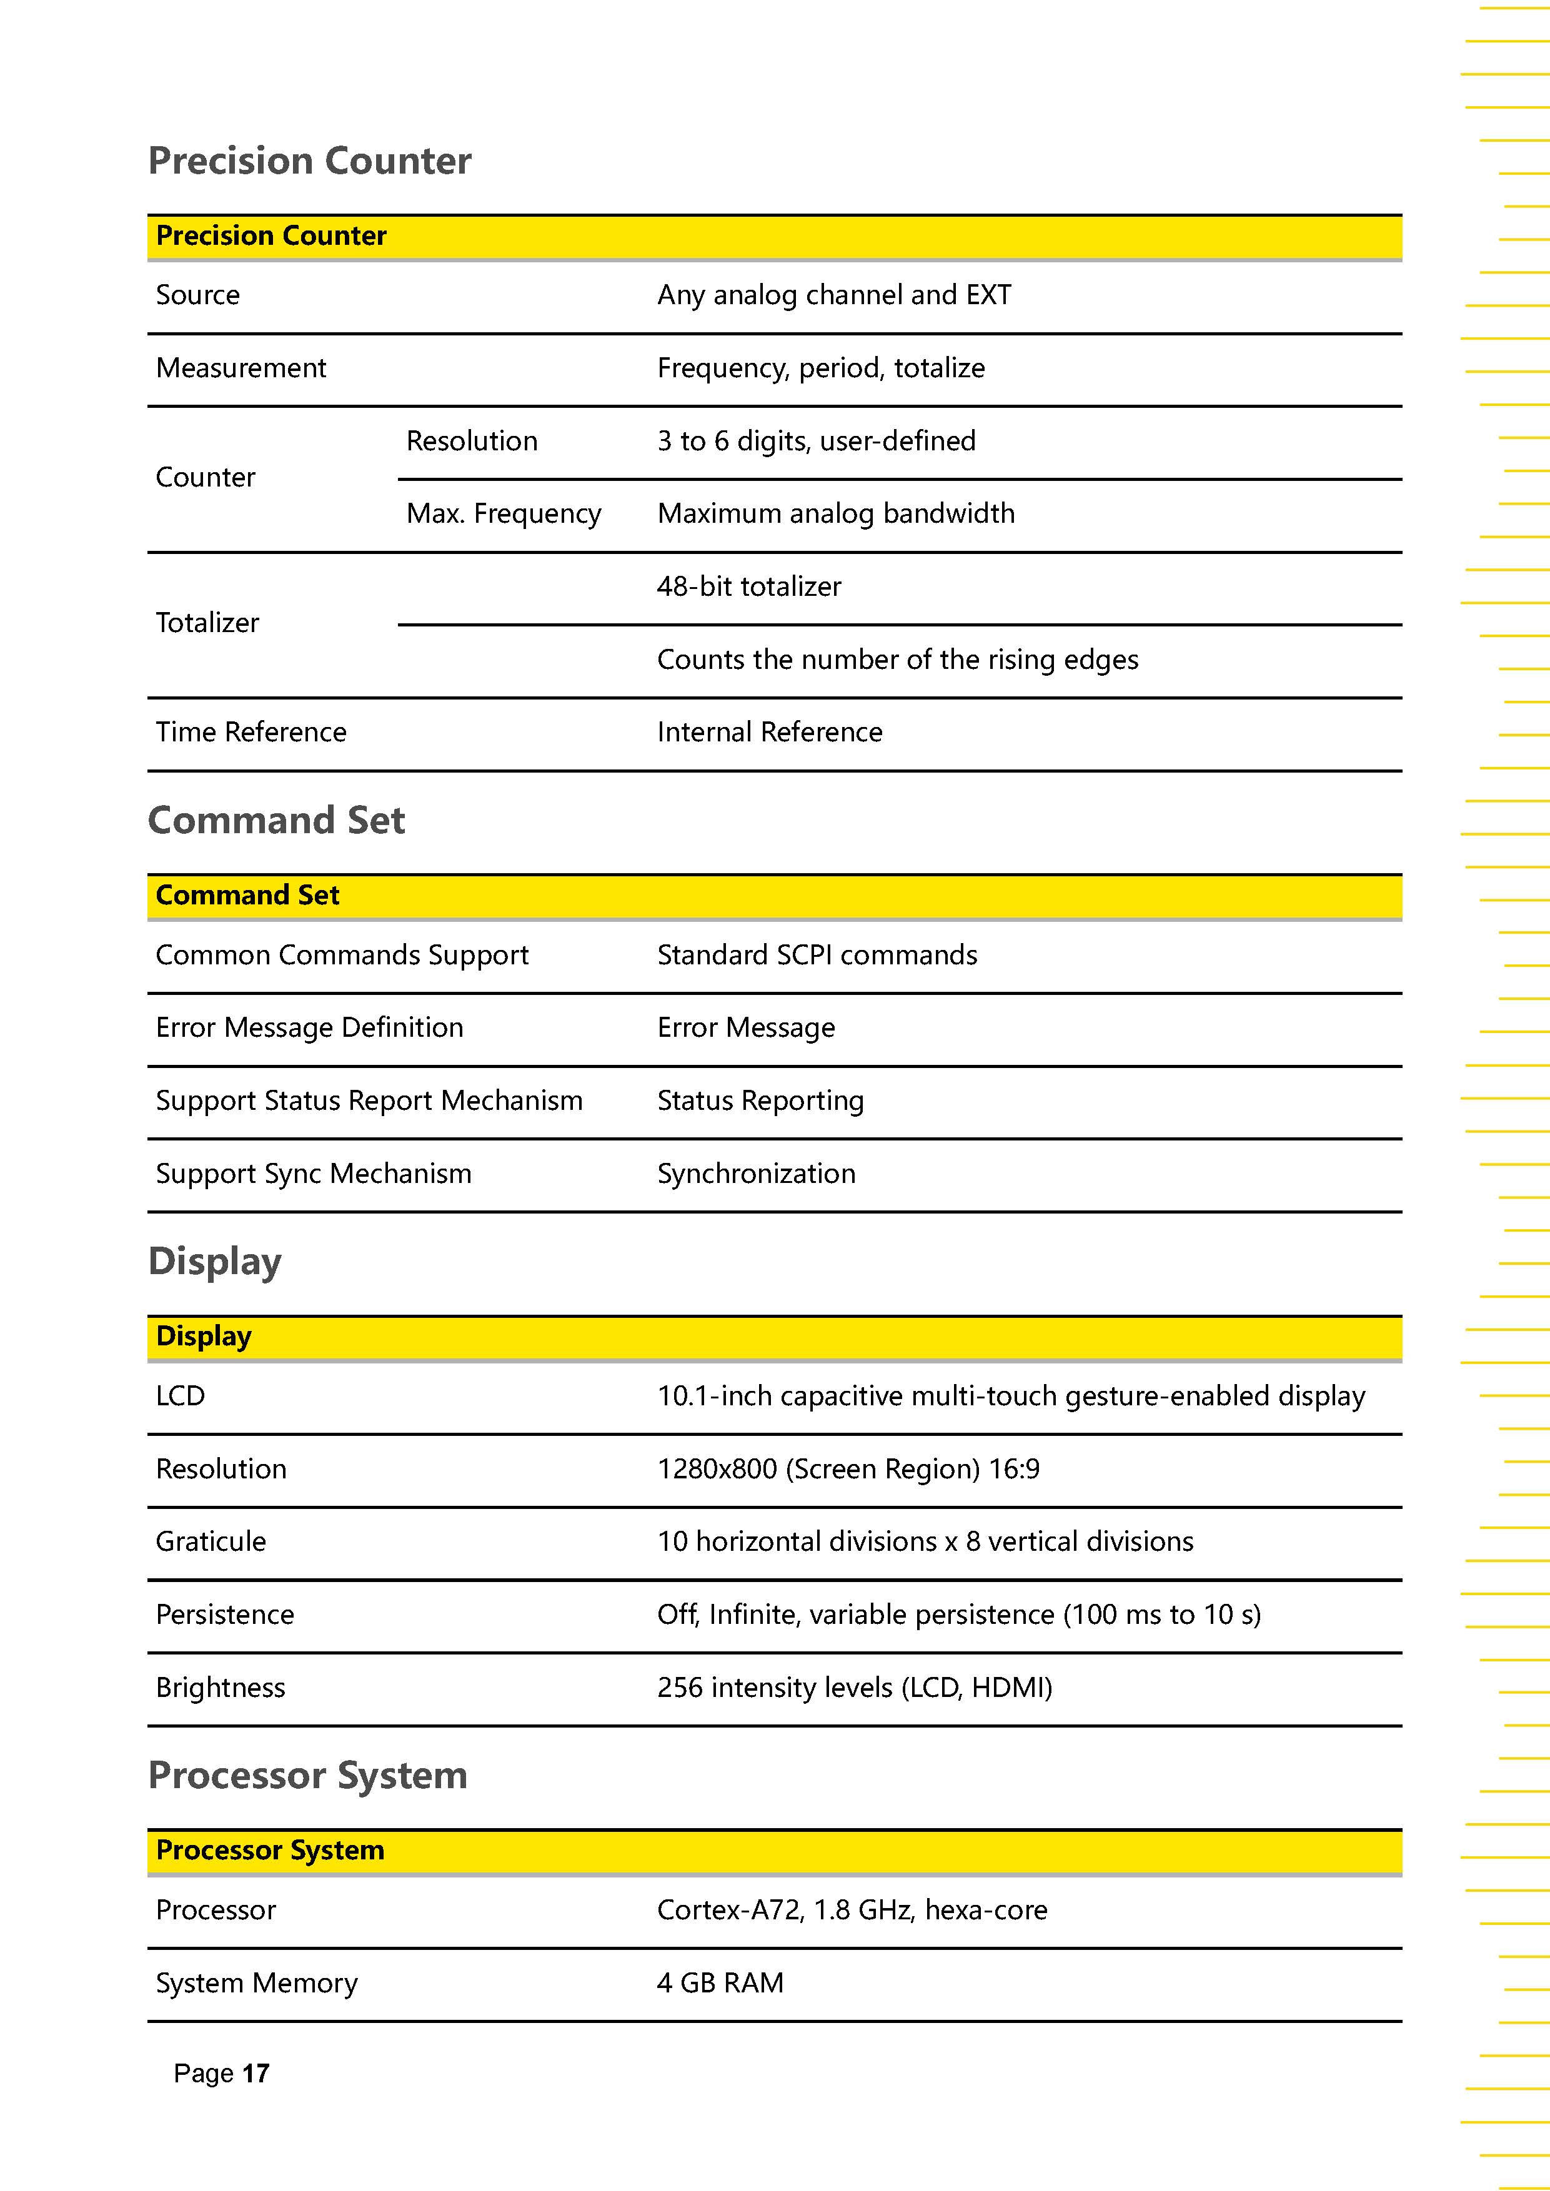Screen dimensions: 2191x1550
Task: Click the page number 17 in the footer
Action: click(255, 2073)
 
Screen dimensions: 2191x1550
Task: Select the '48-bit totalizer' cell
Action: click(749, 586)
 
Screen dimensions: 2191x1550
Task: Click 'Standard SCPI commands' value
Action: click(817, 954)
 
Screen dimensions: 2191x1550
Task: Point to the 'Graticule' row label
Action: click(211, 1541)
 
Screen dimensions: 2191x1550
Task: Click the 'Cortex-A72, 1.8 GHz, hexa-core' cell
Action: click(852, 1909)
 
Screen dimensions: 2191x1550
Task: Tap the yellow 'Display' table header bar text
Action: click(203, 1336)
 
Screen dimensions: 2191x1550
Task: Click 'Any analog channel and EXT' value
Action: click(833, 295)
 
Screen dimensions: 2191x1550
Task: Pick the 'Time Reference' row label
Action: click(251, 732)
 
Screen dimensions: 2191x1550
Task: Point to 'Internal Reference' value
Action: click(769, 732)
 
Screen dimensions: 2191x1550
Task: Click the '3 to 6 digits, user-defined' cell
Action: click(816, 441)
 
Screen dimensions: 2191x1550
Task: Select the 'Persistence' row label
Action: click(226, 1615)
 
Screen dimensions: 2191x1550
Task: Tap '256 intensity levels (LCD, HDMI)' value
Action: click(854, 1687)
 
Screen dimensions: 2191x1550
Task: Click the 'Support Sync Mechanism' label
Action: click(313, 1173)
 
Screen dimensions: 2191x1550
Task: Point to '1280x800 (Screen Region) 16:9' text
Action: click(848, 1468)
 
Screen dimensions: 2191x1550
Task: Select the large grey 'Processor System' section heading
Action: click(307, 1776)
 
